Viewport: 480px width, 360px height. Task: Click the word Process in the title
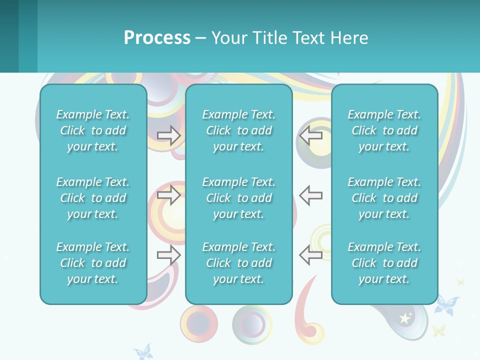point(157,38)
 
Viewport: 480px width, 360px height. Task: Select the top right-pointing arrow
point(169,135)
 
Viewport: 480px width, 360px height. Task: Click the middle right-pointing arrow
point(169,195)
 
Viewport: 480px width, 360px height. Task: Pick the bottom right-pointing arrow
point(169,255)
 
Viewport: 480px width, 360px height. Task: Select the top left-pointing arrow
point(311,135)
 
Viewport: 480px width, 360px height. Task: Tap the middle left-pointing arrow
point(311,195)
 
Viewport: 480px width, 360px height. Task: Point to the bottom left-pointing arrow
point(311,255)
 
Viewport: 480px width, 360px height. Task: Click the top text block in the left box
point(93,130)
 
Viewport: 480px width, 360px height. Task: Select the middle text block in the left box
point(93,198)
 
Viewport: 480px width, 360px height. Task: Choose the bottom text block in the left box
point(93,263)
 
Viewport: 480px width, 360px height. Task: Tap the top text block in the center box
point(238,130)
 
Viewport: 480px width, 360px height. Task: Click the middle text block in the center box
point(238,198)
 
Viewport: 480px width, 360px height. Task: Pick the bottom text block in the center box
point(238,263)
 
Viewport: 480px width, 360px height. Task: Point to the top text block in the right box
point(384,130)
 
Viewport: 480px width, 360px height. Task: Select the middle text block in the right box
point(384,198)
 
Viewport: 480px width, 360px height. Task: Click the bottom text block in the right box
point(384,263)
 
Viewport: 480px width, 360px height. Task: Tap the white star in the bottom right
point(404,318)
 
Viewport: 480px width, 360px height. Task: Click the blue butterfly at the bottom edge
point(142,352)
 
